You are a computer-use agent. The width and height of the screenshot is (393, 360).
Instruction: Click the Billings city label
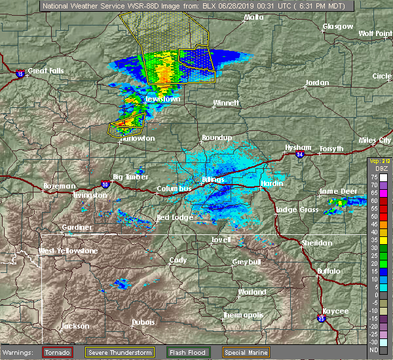214,179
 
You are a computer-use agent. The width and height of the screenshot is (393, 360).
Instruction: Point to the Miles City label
375,140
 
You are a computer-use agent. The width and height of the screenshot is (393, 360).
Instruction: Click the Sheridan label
316,243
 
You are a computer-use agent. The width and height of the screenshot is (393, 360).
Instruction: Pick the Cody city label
178,260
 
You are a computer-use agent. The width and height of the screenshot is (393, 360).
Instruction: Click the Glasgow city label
337,27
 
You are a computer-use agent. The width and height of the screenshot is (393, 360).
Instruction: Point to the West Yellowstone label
67,251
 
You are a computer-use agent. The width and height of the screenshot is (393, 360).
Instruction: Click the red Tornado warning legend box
58,353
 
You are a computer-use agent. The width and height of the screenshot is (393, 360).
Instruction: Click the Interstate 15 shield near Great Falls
20,73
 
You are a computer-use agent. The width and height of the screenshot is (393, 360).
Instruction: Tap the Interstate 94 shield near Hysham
299,155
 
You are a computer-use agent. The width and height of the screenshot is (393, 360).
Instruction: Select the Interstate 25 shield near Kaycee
321,318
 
